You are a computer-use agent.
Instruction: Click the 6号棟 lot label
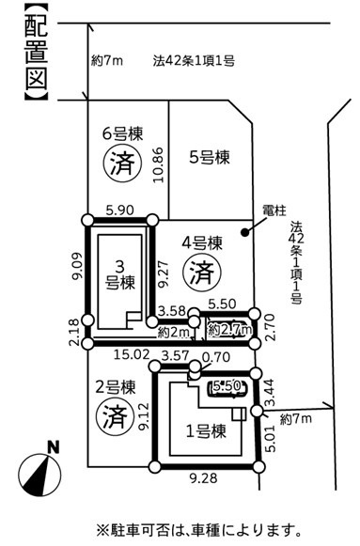click(x=123, y=134)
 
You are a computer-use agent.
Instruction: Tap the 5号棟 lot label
click(x=210, y=157)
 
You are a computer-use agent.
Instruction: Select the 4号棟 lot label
click(x=202, y=242)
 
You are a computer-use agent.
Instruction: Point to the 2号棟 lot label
click(x=116, y=387)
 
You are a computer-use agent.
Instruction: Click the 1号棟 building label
click(x=206, y=431)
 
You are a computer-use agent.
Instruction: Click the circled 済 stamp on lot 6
click(x=122, y=163)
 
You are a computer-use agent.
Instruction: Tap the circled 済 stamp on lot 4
click(x=202, y=273)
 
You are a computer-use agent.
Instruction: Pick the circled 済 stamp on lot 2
click(x=115, y=416)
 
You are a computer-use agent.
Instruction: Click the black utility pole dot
click(x=245, y=232)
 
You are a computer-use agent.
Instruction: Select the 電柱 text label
click(x=274, y=211)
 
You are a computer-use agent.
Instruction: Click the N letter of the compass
click(x=54, y=447)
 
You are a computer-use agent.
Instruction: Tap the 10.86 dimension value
click(x=159, y=164)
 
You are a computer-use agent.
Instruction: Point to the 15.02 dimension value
click(x=132, y=355)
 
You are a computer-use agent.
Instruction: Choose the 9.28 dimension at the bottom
click(x=204, y=478)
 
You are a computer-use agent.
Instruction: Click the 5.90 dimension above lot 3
click(x=119, y=210)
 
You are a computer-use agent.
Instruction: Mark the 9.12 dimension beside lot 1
click(x=144, y=417)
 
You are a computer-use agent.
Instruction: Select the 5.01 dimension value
click(x=270, y=438)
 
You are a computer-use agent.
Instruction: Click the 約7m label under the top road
click(x=107, y=61)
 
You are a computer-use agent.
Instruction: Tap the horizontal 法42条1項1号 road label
click(x=194, y=61)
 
